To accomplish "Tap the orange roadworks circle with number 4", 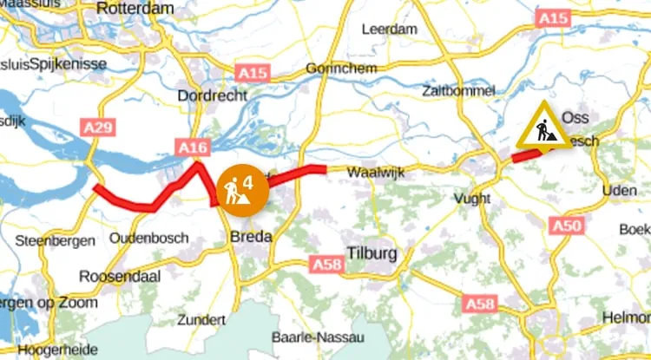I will [x=240, y=187].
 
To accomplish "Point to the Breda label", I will [x=251, y=237].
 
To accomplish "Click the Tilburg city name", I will [x=371, y=254].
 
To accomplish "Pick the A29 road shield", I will [x=99, y=128].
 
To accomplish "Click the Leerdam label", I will [x=388, y=29].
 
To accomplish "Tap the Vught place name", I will [x=472, y=199].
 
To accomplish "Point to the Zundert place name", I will [x=201, y=319].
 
